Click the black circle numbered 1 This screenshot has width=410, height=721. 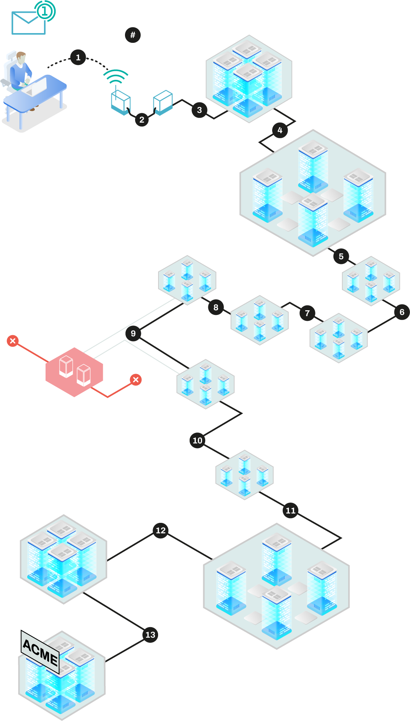[78, 58]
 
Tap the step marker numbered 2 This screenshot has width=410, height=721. [142, 120]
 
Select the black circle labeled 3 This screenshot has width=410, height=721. [199, 110]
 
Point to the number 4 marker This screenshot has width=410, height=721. [280, 130]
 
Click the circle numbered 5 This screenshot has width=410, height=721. [341, 256]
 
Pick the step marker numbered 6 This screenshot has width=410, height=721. [402, 312]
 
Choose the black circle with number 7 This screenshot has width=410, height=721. [307, 313]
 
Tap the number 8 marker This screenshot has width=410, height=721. [216, 307]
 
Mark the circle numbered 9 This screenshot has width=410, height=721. [133, 333]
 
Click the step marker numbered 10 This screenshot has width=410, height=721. [198, 440]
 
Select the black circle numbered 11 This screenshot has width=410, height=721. [290, 510]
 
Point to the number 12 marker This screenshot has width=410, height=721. [161, 530]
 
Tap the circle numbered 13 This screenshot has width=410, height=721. [150, 635]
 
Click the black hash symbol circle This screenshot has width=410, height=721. [133, 35]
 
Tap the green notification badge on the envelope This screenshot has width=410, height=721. [45, 11]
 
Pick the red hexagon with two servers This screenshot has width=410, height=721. [74, 372]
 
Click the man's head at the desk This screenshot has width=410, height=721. [21, 57]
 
